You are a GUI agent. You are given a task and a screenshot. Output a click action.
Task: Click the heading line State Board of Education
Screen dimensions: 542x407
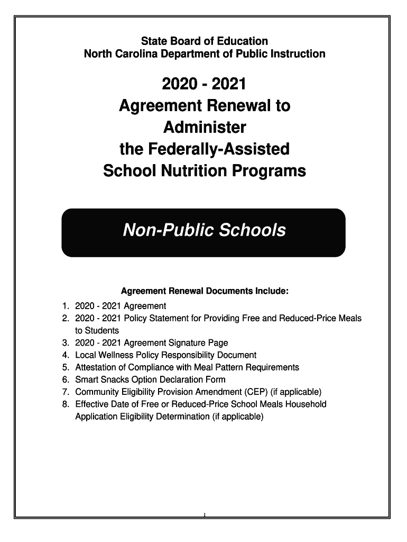tap(204, 41)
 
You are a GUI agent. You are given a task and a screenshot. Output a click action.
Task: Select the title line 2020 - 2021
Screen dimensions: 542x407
tap(204, 84)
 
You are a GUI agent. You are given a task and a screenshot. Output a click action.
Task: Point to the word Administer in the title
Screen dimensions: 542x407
tap(204, 128)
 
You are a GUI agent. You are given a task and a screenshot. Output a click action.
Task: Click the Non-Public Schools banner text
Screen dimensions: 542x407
tap(204, 230)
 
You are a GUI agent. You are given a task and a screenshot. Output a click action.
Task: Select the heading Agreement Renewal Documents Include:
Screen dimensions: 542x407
tap(205, 291)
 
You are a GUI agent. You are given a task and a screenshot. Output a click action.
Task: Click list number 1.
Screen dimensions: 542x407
tap(65, 306)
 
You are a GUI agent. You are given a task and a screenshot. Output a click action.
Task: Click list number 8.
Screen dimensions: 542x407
tap(65, 404)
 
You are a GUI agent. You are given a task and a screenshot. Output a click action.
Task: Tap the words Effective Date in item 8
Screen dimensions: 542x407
tap(103, 404)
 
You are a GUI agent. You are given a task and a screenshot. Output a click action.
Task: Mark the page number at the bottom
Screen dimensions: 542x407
tap(204, 515)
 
